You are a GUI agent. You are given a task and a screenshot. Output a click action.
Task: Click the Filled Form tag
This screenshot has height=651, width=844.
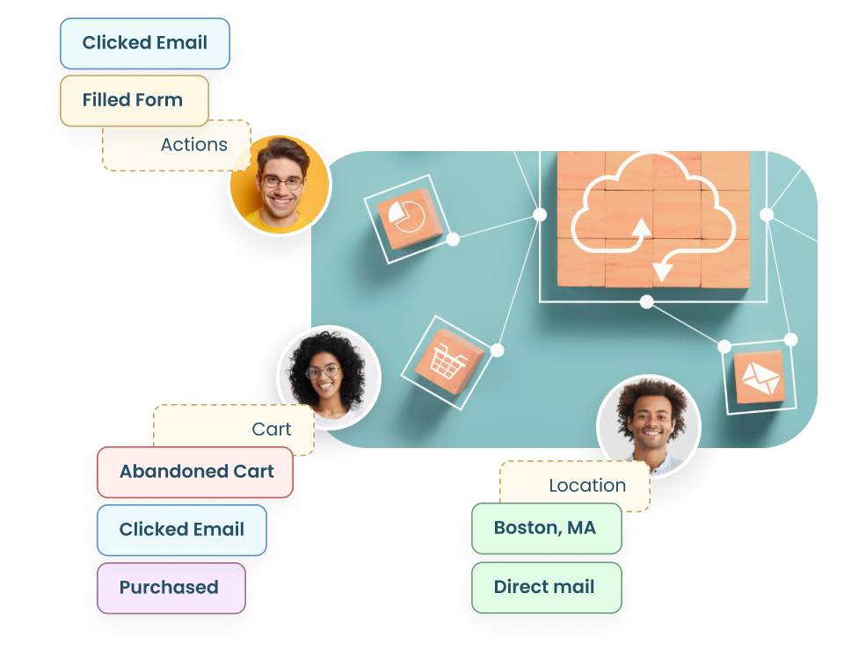(x=134, y=100)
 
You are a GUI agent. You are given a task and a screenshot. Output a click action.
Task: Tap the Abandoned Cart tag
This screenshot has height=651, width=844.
(x=195, y=472)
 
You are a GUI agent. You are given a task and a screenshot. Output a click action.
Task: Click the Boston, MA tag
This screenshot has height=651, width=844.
(x=546, y=528)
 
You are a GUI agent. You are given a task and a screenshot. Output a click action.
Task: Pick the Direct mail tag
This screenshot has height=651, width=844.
(x=546, y=587)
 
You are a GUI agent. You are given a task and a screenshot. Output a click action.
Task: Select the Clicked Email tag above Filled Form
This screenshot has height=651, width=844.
(x=145, y=43)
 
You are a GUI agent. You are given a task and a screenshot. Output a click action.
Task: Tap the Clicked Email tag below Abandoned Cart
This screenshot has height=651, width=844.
(x=182, y=530)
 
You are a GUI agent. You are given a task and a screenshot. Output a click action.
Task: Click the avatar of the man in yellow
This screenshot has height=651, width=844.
(x=280, y=185)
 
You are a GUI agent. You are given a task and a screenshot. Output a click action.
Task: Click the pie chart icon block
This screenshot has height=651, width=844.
(x=404, y=216)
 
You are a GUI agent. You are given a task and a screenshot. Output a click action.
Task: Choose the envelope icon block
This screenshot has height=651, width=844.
(x=759, y=377)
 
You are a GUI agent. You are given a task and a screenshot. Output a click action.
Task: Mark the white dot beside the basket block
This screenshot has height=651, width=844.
(x=497, y=351)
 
